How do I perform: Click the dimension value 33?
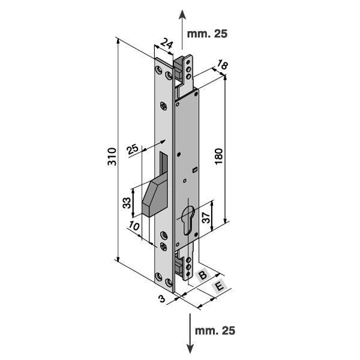pos(127,203)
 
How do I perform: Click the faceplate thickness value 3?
pos(161,298)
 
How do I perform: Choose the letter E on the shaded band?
pos(219,287)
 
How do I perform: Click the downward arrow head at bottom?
pos(189,349)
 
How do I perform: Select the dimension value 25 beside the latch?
pos(133,148)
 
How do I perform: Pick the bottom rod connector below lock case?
pos(187,265)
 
